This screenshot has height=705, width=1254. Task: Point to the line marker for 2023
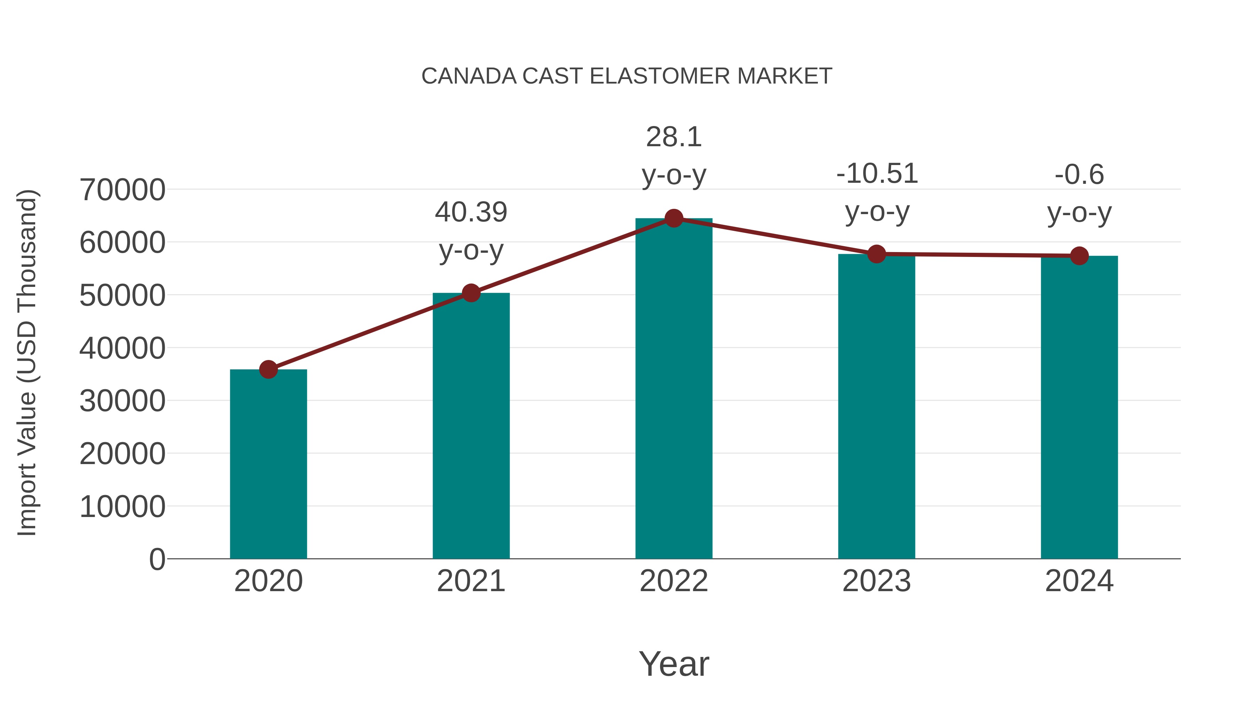(877, 254)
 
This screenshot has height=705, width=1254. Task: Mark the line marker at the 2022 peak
(674, 218)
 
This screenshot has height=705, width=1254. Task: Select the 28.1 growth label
(674, 137)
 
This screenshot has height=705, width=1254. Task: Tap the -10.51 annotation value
(877, 174)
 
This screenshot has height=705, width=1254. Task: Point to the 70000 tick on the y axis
(122, 190)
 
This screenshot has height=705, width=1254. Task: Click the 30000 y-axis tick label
(122, 401)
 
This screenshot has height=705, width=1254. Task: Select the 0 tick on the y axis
(157, 559)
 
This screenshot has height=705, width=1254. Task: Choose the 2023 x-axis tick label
(877, 581)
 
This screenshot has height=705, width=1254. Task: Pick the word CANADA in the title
(469, 76)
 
